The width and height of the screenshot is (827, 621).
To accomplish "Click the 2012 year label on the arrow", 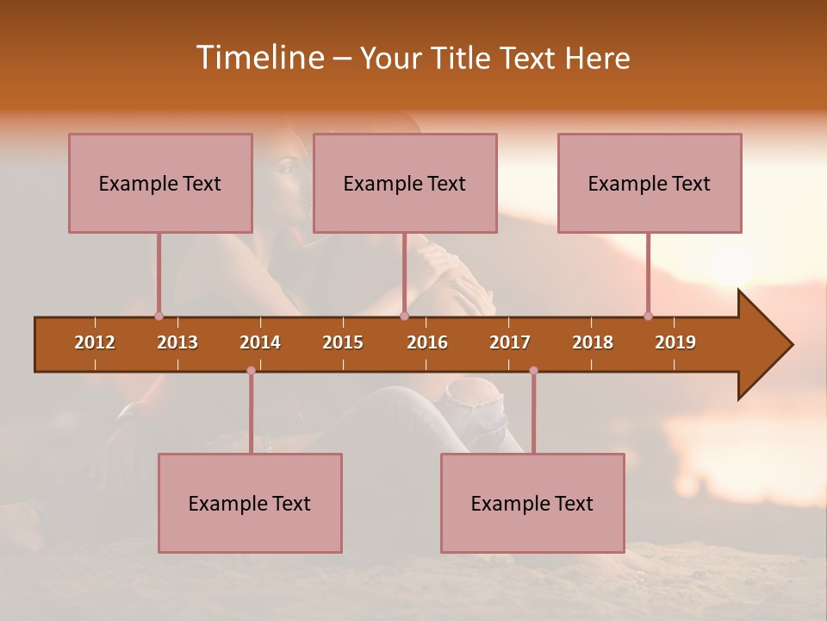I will click(95, 342).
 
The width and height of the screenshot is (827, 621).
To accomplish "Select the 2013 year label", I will click(177, 342).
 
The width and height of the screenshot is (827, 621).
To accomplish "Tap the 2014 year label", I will click(260, 342).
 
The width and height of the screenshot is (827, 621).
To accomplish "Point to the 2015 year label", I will click(343, 342).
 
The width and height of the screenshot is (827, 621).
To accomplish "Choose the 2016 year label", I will click(427, 342).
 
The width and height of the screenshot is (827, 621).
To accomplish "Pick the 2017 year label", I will click(510, 342).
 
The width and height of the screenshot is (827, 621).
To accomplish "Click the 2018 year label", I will click(593, 342).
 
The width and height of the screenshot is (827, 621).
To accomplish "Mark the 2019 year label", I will click(675, 342).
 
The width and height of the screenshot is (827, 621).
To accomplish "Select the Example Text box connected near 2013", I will click(160, 183).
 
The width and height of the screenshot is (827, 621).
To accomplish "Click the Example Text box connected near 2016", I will click(405, 183).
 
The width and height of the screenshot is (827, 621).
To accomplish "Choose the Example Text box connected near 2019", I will click(650, 183).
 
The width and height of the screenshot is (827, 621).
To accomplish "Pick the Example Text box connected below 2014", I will click(250, 503).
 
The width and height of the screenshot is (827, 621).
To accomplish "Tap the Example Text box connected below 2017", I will click(532, 503).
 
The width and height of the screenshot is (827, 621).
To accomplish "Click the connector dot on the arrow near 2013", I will click(159, 316).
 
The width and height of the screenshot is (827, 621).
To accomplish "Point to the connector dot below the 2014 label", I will click(251, 370).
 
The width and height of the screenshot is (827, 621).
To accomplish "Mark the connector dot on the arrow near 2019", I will click(648, 316).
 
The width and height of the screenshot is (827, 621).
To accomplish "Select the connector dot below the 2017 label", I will click(533, 370).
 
